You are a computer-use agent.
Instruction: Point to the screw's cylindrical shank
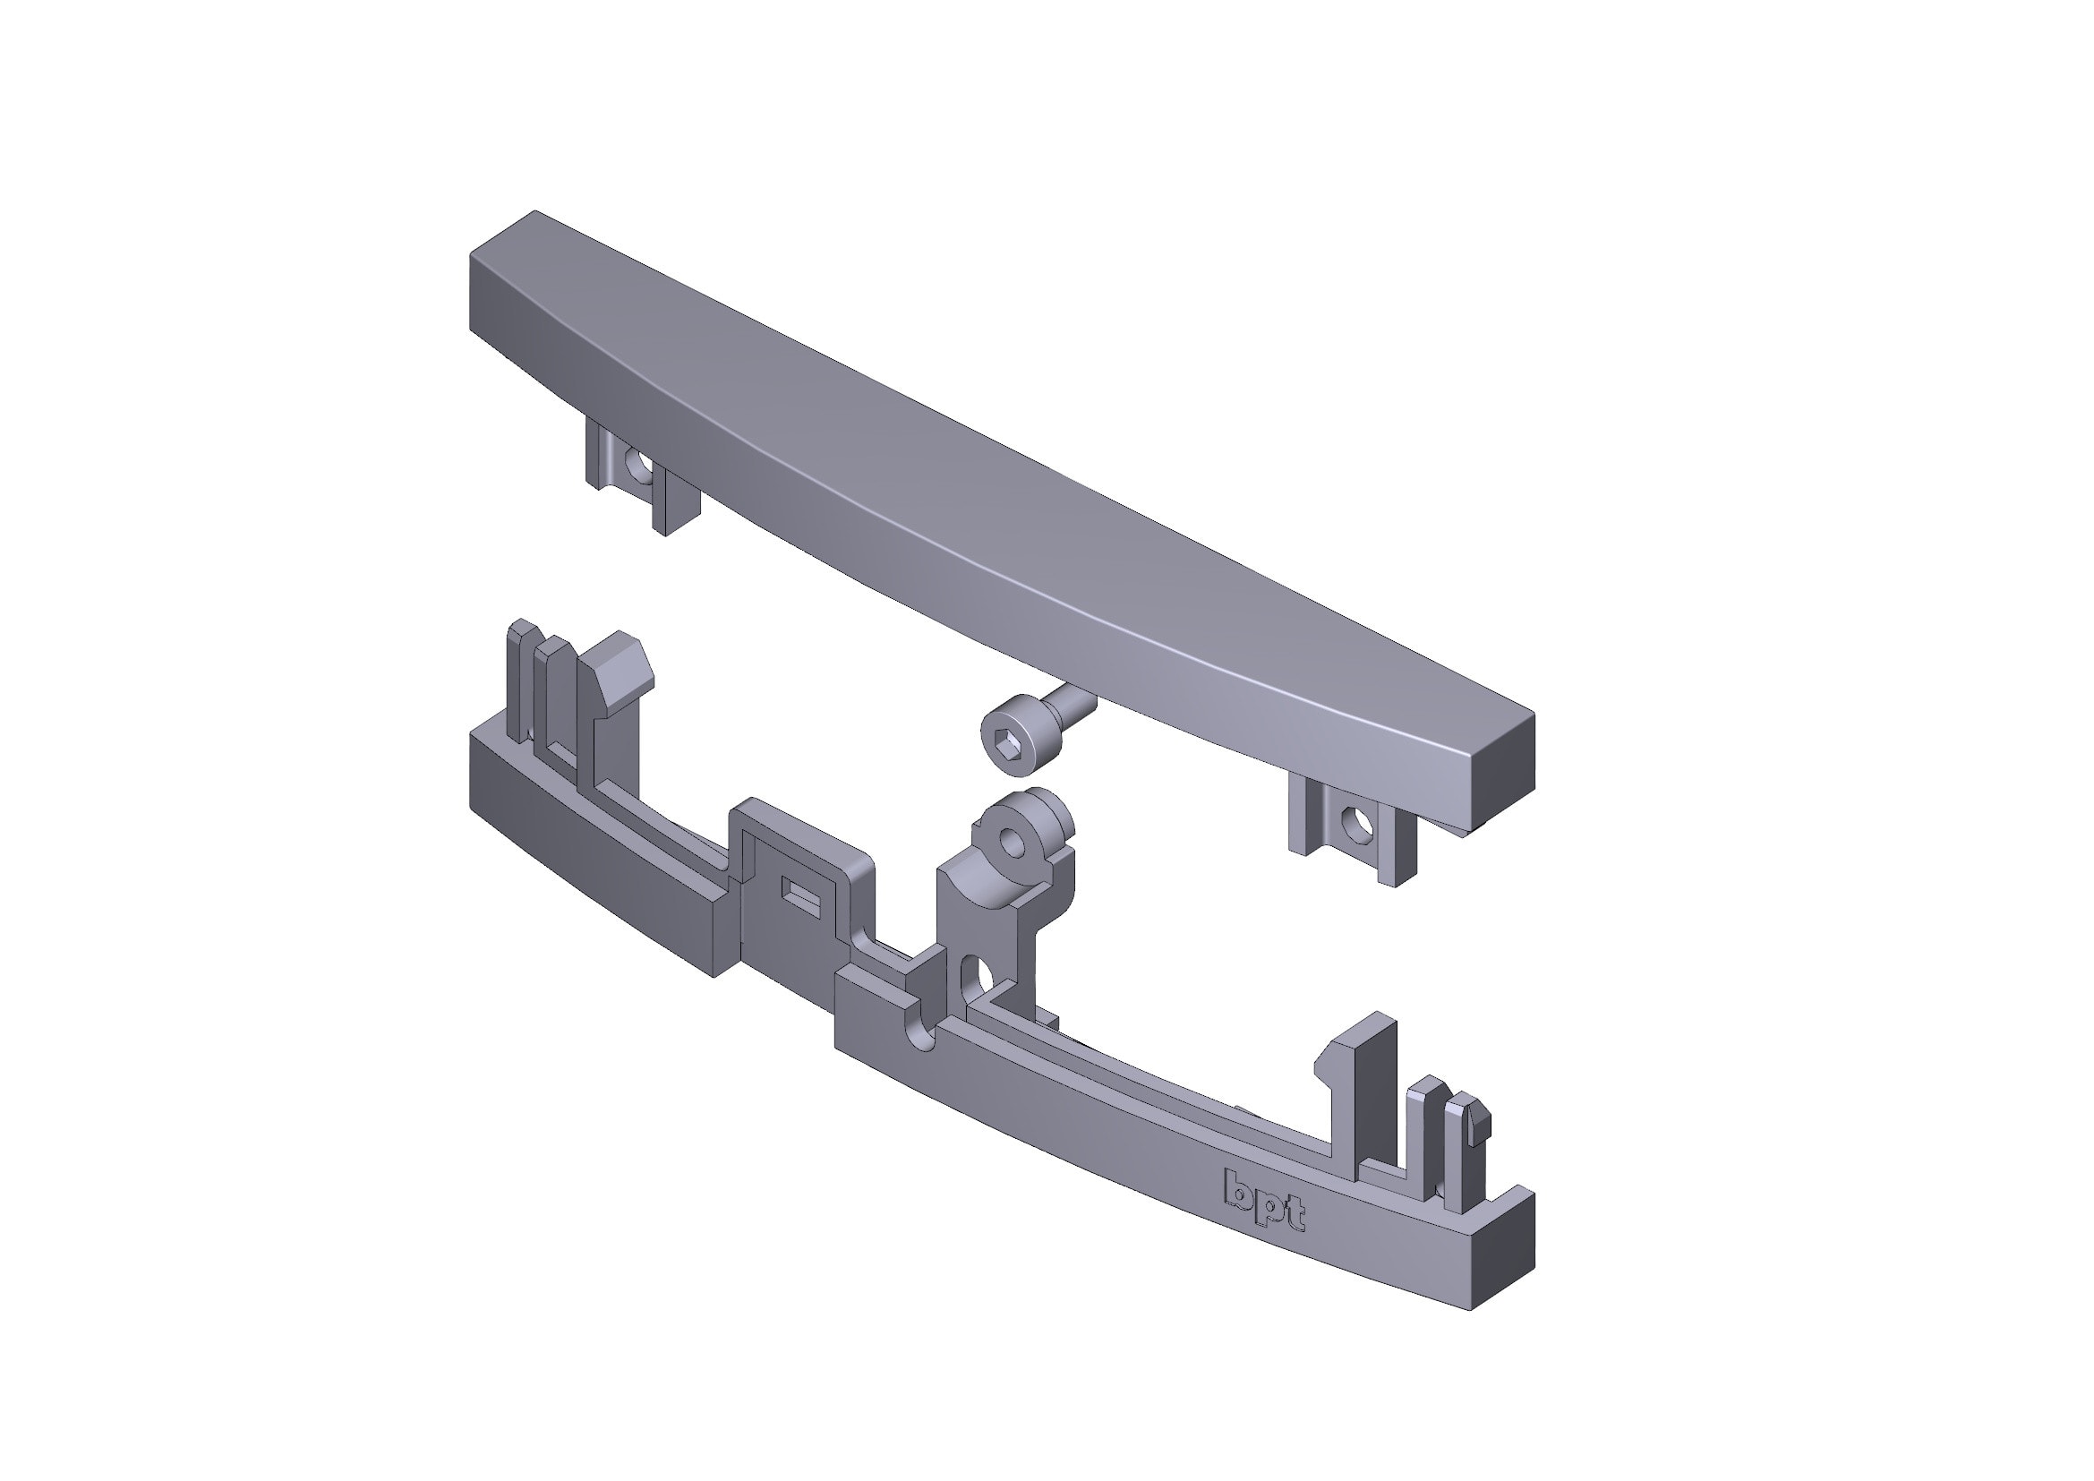(x=1073, y=705)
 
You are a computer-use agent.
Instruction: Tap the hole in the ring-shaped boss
(x=1013, y=839)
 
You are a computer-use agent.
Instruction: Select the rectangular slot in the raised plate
(x=802, y=895)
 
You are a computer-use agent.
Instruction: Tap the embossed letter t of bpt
(x=1295, y=1214)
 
